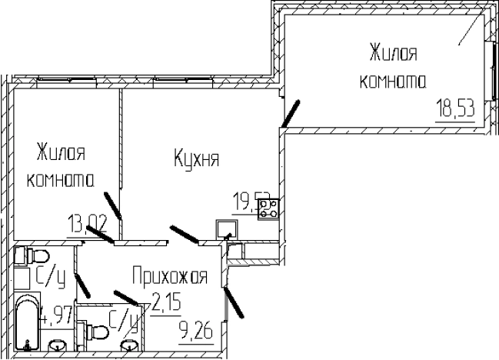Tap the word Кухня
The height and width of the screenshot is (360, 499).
point(196,159)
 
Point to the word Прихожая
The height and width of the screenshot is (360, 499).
point(168,275)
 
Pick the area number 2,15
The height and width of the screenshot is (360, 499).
point(165,303)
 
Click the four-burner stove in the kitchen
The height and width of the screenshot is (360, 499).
point(268,207)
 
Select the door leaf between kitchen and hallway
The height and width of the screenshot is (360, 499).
point(183,232)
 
